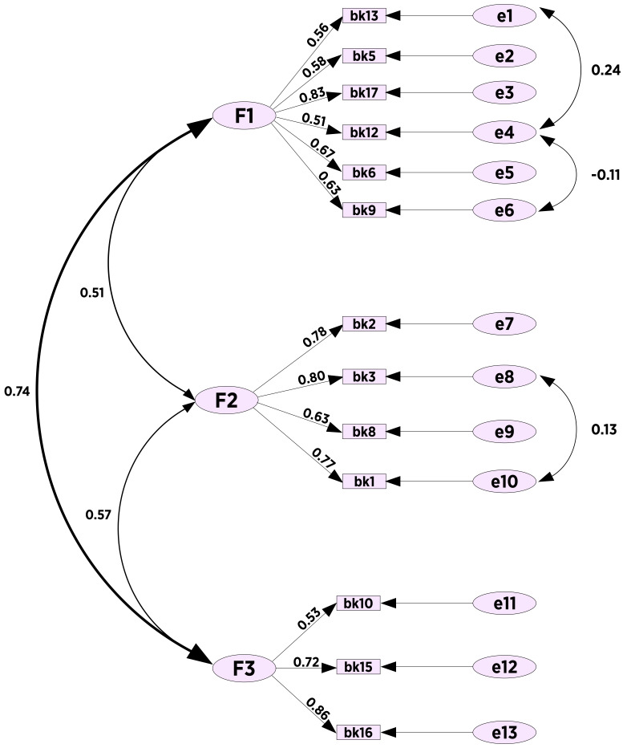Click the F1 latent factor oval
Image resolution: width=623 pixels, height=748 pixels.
245,117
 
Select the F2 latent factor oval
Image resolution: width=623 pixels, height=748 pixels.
227,399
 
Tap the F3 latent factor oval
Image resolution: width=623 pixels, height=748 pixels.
245,667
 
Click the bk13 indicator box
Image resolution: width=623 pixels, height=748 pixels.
363,16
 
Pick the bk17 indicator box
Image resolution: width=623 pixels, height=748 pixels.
363,92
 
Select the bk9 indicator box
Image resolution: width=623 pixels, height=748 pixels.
363,210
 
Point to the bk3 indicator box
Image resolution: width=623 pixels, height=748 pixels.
363,376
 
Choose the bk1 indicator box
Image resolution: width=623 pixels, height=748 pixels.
363,481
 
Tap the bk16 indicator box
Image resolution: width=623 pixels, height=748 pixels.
357,732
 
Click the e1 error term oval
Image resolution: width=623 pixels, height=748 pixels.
504,15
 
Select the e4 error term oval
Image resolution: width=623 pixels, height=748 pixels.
504,131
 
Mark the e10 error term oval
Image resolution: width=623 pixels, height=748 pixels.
504,482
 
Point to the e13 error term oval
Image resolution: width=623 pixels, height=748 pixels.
504,732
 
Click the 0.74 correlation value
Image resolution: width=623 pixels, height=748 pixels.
18,393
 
